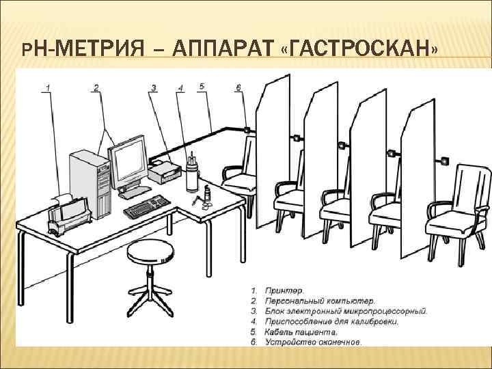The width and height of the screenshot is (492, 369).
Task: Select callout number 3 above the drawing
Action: (x=154, y=87)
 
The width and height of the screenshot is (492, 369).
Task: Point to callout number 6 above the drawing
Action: (x=238, y=87)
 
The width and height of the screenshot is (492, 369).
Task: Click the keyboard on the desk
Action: (x=146, y=204)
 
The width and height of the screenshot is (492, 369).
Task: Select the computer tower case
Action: (x=90, y=184)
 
